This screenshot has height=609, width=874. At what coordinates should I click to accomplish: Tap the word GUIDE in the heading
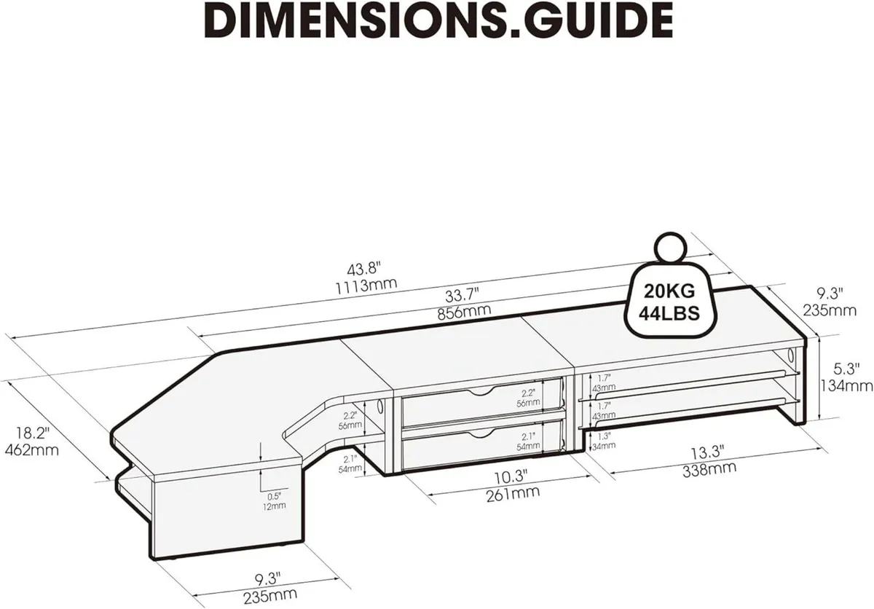[x=588, y=23]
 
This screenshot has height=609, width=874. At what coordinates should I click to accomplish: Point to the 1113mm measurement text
[x=366, y=283]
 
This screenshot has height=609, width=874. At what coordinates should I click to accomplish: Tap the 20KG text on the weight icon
[x=669, y=291]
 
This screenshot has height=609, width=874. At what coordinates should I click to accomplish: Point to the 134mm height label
[x=846, y=385]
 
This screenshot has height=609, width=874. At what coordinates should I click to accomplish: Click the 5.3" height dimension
[x=846, y=369]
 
